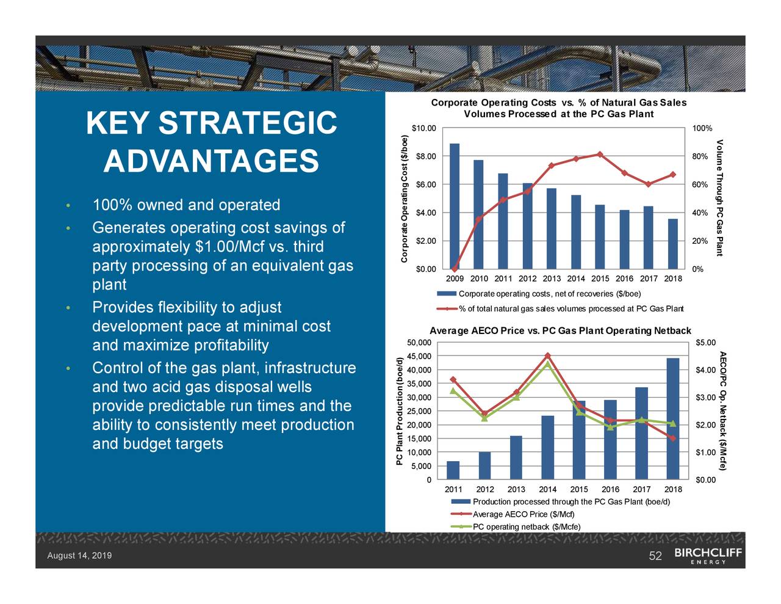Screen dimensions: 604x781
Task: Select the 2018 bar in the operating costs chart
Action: pos(672,244)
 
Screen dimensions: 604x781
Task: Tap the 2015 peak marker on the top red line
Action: pos(600,154)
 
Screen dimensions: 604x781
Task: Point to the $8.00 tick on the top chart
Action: pos(425,156)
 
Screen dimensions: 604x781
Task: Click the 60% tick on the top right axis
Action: pos(700,184)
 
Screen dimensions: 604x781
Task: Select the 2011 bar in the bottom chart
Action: pos(453,470)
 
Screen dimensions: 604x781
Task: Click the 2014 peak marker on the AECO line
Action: pos(547,355)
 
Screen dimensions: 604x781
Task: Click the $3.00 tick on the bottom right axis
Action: pos(705,398)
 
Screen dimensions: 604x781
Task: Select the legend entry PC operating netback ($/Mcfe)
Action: pos(526,527)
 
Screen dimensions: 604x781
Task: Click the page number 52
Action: pos(655,556)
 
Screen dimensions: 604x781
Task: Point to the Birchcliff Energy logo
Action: pos(708,556)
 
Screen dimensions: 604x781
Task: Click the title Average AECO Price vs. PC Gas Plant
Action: pos(560,331)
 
